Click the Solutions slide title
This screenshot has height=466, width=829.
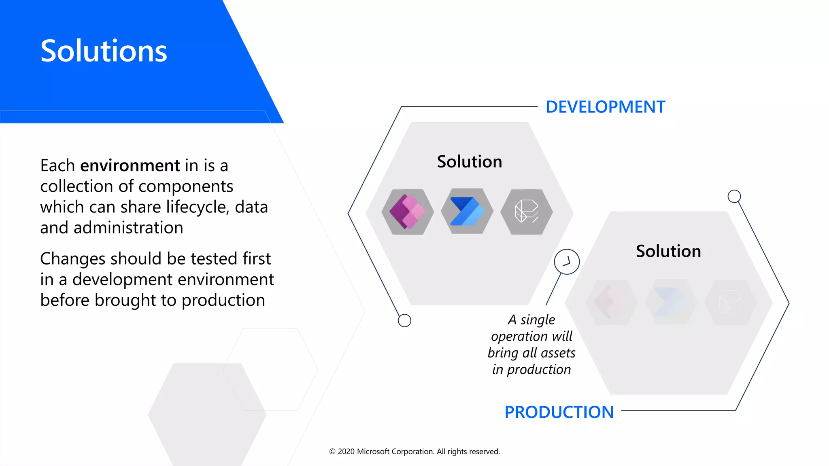coord(104,51)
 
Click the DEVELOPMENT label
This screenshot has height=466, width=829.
coord(605,107)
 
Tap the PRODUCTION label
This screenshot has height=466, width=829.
coord(559,412)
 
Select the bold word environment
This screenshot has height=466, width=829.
coord(130,166)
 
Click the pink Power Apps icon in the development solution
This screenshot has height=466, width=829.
coord(408,212)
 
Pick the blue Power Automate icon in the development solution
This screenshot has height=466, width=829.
coord(467,211)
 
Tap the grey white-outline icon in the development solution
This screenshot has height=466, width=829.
coord(526,212)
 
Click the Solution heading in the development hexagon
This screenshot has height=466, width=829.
coord(470,162)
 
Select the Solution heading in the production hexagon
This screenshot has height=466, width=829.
coord(668,251)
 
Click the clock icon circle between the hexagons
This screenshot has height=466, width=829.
coord(567,262)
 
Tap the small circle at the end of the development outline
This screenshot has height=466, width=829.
coord(404,320)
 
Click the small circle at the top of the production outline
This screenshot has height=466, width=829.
coord(734,196)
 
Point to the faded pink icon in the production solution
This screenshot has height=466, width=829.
coord(612,302)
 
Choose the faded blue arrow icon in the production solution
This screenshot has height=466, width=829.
coord(670,302)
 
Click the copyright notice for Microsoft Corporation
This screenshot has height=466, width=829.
coord(414,451)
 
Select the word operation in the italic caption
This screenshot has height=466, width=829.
coord(519,337)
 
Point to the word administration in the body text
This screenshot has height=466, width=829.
coord(128,228)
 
